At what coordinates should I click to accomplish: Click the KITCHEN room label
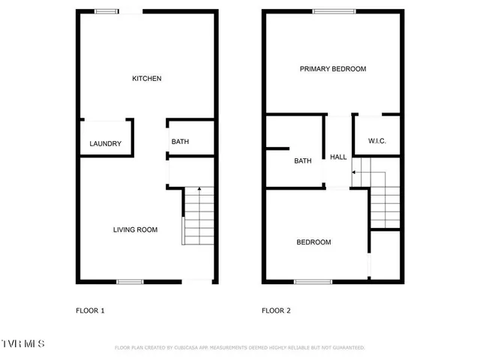(147, 79)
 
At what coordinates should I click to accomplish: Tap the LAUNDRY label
(105, 144)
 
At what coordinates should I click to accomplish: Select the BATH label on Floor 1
(180, 142)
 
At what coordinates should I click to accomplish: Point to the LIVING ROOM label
(135, 230)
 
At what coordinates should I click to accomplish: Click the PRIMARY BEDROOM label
(333, 69)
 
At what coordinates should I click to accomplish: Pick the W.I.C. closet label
(377, 142)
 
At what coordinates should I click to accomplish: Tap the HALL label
(338, 157)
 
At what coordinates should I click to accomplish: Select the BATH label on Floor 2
(303, 161)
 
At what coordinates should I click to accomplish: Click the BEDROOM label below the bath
(313, 242)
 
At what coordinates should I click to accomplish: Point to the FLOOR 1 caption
(90, 310)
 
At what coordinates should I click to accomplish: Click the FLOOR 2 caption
(276, 310)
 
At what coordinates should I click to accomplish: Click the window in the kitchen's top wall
(106, 11)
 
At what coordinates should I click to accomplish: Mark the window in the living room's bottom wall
(130, 282)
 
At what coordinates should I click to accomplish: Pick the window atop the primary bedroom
(334, 11)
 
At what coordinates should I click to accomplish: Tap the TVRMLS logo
(22, 343)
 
